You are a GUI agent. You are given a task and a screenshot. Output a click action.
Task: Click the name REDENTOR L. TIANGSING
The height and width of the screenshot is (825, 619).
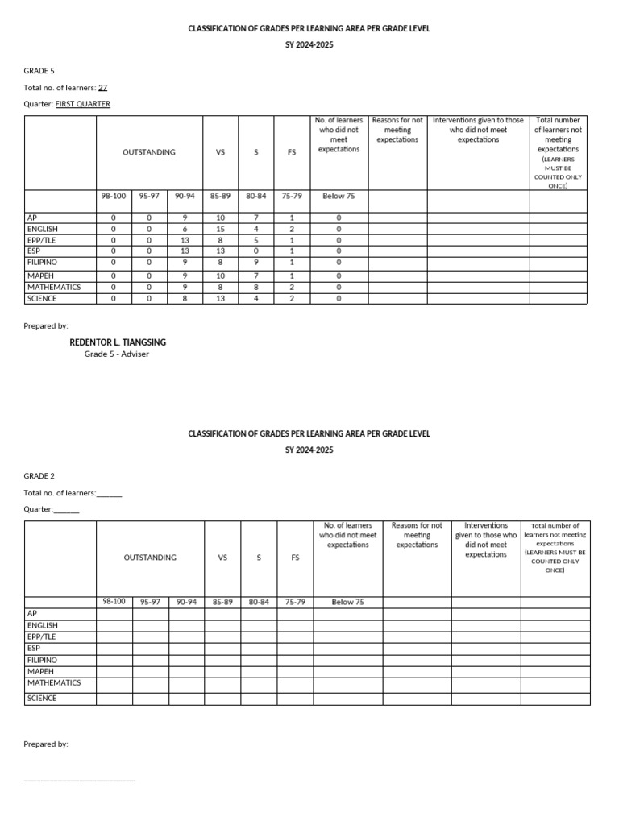tap(118, 342)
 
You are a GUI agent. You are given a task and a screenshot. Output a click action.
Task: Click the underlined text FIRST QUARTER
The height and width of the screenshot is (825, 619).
tap(83, 104)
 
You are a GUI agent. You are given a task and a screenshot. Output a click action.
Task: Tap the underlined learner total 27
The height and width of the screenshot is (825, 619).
tap(102, 88)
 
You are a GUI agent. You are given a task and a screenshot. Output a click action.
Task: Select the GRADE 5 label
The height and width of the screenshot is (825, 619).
tap(39, 71)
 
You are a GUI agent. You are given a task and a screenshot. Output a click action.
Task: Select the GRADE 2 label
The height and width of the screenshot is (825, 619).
tap(39, 476)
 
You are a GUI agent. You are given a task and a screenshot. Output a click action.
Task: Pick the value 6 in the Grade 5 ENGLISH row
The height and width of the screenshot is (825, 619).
tap(185, 229)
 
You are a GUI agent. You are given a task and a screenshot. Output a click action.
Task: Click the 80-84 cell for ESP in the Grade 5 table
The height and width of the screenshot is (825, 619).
tap(255, 251)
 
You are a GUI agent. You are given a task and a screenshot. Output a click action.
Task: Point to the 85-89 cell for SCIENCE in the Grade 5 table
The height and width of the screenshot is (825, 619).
tap(220, 298)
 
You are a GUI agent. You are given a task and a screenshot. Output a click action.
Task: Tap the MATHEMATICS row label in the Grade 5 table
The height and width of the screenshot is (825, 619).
tap(54, 287)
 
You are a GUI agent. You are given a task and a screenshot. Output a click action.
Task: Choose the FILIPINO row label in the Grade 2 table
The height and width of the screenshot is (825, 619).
tap(42, 660)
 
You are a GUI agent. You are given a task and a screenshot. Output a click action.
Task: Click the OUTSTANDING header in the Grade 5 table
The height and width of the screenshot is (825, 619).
tap(149, 152)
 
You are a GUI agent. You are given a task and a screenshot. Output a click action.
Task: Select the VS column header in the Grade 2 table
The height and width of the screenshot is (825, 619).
tap(222, 558)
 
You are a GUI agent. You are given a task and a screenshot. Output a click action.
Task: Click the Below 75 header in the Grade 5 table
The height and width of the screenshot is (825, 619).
tap(339, 196)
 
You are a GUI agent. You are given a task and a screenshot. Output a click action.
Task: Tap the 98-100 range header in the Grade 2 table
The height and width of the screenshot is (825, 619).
tap(114, 602)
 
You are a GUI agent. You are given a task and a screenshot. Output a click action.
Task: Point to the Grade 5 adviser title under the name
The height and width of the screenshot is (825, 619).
tap(117, 354)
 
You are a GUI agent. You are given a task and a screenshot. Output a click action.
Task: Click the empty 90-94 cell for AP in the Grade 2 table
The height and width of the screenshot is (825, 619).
tap(186, 614)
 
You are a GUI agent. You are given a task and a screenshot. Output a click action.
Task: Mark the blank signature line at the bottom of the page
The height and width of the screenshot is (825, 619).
tap(79, 779)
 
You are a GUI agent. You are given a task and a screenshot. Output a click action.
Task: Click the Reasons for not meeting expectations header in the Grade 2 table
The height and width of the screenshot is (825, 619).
tap(417, 535)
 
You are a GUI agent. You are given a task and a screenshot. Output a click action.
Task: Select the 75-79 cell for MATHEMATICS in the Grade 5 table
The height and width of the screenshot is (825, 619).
tap(292, 287)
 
